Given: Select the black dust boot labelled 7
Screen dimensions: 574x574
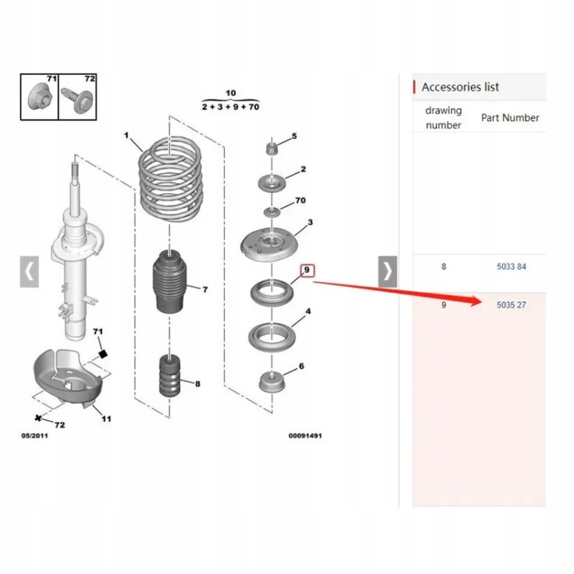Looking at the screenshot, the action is tap(169, 281).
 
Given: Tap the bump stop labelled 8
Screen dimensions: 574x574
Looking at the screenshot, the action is tap(170, 376).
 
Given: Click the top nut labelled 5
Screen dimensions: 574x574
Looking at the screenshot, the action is tap(271, 148).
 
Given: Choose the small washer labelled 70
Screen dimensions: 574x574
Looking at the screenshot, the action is tap(273, 211).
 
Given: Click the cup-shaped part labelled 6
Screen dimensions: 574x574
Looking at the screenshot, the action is tap(272, 382).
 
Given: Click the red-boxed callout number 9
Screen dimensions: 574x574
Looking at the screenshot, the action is tap(307, 270).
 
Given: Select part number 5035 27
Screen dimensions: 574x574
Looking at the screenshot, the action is tap(511, 305).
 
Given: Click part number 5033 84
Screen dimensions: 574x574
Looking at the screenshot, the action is tap(511, 266).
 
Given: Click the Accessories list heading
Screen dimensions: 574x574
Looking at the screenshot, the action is tap(460, 87).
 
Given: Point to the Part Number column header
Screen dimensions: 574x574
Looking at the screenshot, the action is tap(510, 118).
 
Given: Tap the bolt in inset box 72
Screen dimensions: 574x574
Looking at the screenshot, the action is tap(77, 99).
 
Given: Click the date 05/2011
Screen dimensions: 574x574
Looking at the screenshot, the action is tap(34, 435).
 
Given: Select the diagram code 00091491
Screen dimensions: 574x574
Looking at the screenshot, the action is tap(305, 435).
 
